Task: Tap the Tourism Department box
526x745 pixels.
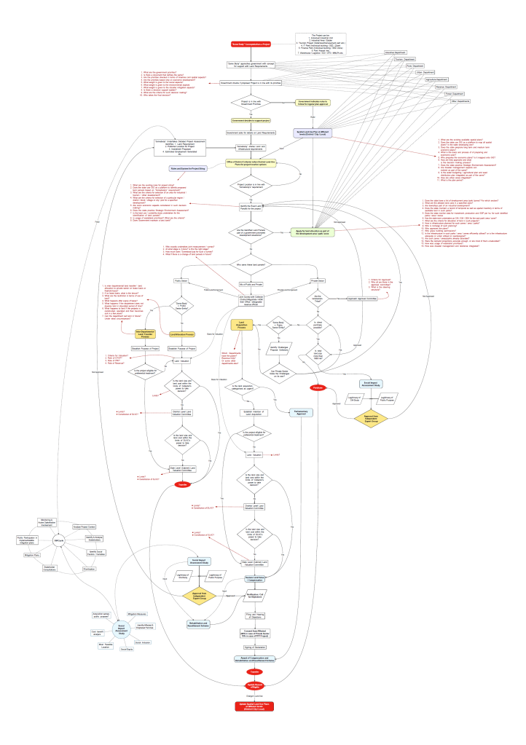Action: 416,59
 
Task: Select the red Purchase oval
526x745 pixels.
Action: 318,387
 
